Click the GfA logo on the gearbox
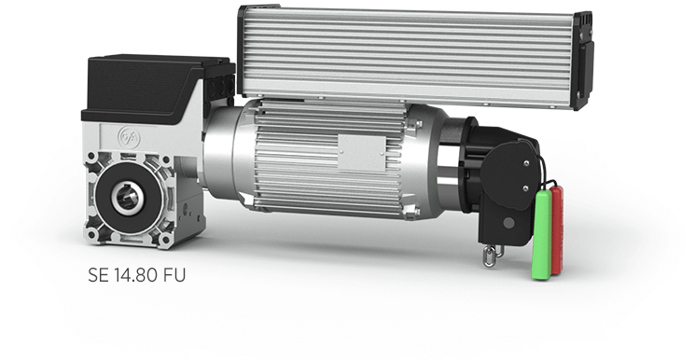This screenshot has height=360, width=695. (x=129, y=137)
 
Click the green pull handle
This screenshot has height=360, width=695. (x=542, y=235)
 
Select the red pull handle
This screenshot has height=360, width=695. (x=557, y=229)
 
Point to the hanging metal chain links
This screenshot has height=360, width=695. (x=492, y=256)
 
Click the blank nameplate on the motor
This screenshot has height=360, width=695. (x=362, y=153)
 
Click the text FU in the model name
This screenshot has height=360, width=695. (x=174, y=275)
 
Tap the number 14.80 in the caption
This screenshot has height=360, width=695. (x=136, y=275)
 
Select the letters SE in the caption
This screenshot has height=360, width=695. (x=98, y=275)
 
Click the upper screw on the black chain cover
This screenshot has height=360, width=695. (x=526, y=163)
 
